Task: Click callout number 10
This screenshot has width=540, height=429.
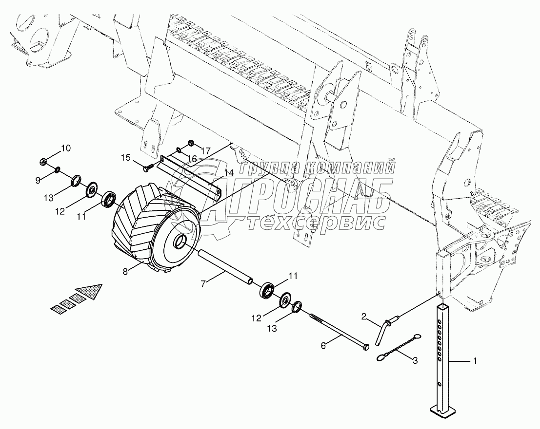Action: tap(65, 148)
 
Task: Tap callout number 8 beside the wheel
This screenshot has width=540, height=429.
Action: tap(125, 272)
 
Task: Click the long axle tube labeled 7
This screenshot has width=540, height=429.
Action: tap(224, 266)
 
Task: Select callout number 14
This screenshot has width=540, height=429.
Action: tap(229, 173)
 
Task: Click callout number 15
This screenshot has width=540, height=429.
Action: tap(126, 158)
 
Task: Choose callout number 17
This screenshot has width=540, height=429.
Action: tap(204, 151)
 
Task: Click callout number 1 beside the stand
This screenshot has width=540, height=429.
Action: tap(476, 361)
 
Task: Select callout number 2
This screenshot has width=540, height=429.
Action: tap(363, 317)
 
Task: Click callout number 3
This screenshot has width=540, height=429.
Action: tap(415, 361)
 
